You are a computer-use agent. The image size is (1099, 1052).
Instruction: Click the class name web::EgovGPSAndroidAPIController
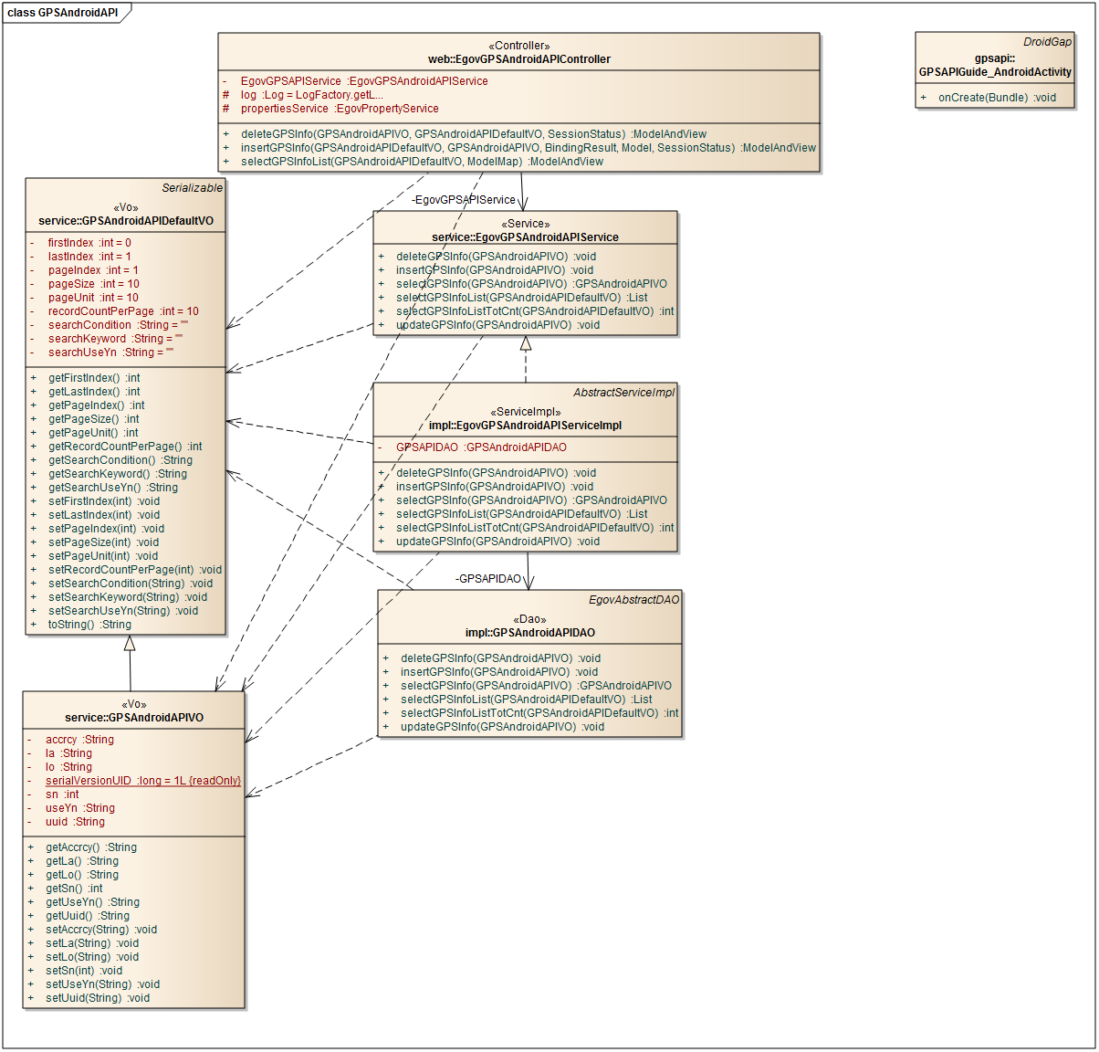tap(518, 59)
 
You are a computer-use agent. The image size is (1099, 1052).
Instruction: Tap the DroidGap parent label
tap(1047, 42)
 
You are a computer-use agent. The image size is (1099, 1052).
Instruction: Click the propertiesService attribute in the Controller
tap(339, 109)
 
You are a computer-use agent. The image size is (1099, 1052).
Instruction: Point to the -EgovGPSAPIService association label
tap(463, 200)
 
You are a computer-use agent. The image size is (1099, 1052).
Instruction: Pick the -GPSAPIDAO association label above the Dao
tap(488, 579)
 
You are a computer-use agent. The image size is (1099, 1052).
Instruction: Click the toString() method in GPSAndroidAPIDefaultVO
tap(89, 625)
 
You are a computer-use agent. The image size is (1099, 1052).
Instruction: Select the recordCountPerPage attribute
tap(122, 311)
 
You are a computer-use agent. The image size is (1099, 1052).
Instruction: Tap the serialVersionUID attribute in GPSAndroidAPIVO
tap(142, 781)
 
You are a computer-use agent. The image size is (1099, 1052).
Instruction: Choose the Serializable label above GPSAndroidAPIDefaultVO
tap(192, 188)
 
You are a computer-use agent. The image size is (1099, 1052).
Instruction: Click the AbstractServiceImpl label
tap(623, 393)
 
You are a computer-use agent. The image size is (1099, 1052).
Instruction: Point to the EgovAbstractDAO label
tap(633, 600)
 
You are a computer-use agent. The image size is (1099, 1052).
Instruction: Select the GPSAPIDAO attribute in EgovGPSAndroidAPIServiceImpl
tap(480, 447)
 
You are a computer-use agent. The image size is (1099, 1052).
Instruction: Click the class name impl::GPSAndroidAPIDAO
tap(529, 633)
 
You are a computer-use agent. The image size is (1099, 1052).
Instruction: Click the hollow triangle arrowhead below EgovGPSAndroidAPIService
tap(526, 344)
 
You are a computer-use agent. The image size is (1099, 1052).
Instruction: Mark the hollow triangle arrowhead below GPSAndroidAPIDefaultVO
tap(130, 643)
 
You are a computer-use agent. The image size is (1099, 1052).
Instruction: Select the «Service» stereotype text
tap(525, 224)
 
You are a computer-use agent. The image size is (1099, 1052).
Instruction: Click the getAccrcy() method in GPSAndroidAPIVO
tap(90, 847)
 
